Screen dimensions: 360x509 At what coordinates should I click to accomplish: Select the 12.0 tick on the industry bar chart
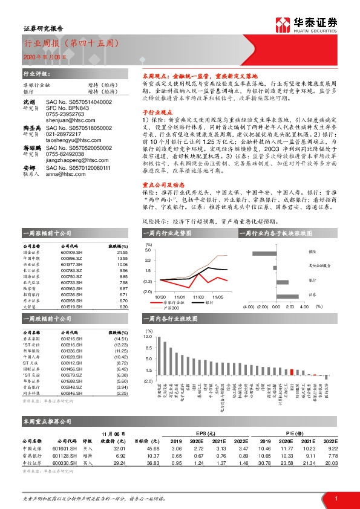[148, 334]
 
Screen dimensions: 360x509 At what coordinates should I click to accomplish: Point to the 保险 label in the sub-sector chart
[312, 251]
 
